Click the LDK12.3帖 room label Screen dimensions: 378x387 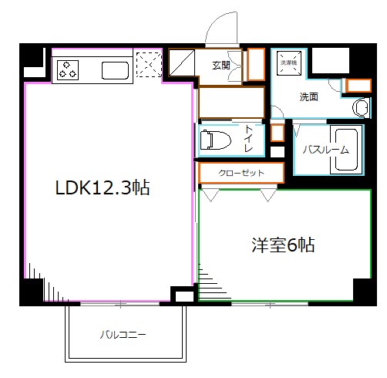click(102, 187)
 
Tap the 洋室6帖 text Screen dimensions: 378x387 click(282, 245)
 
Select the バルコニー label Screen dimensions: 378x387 click(123, 335)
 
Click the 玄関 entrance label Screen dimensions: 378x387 click(221, 66)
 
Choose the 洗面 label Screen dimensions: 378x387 click(309, 97)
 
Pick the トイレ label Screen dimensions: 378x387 click(248, 138)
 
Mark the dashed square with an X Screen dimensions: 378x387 click(148, 65)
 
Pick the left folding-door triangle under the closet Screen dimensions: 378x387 click(209, 195)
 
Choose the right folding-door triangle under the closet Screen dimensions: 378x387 click(268, 195)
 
